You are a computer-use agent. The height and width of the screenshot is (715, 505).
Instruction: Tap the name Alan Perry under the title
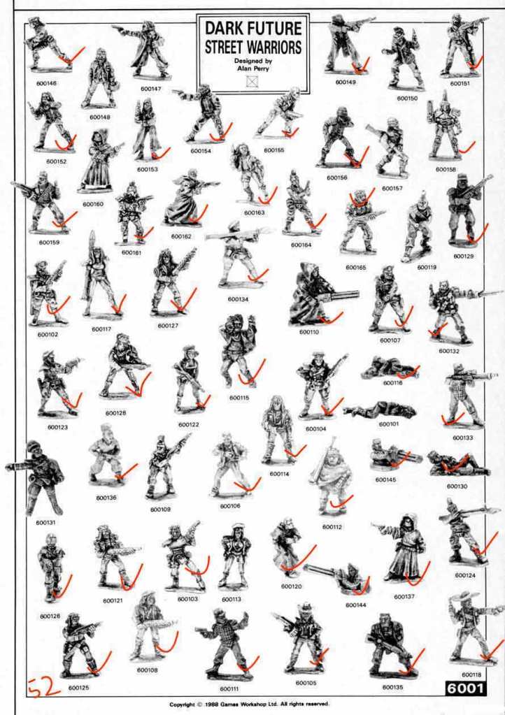pos(252,68)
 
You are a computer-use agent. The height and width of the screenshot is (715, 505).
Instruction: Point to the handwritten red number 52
pos(44,687)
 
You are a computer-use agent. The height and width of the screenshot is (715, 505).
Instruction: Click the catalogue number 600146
pos(47,83)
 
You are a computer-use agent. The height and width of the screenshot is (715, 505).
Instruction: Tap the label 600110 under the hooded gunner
pos(309,332)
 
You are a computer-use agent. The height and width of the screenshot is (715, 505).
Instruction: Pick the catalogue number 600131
pos(45,523)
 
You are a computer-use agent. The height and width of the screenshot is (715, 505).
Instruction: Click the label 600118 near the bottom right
pos(471,674)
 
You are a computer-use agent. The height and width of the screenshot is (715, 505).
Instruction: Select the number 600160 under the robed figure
pos(92,204)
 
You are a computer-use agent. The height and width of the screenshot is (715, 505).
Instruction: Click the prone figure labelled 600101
pos(380,410)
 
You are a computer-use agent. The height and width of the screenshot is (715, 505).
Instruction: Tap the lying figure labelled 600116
pos(390,368)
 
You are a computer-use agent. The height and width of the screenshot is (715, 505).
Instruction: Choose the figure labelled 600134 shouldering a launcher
pos(237,255)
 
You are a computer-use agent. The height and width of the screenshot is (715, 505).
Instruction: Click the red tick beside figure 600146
pos(72,56)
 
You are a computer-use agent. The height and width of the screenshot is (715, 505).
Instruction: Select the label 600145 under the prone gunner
pos(385,479)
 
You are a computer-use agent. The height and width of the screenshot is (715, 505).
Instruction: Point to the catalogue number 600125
pos(78,688)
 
